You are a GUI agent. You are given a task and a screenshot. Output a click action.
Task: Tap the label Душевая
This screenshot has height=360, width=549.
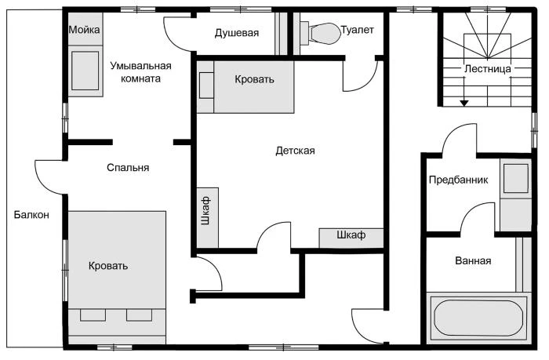(237, 33)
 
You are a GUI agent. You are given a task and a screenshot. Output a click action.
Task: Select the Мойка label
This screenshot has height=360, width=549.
(84, 30)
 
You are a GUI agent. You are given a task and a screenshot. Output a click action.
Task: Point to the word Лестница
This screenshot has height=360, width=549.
(487, 69)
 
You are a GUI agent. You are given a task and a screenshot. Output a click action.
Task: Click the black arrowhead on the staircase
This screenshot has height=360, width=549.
(464, 104)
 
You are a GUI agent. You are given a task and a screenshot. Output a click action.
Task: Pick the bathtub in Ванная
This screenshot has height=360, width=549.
(478, 318)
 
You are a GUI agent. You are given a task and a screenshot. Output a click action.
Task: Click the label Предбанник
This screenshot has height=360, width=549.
(458, 180)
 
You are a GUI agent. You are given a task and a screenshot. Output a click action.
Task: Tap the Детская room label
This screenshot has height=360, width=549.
(295, 151)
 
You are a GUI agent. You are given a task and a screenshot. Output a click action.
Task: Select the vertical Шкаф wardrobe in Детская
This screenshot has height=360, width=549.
(208, 217)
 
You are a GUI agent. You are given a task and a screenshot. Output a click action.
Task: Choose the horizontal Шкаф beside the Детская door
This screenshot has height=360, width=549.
(351, 238)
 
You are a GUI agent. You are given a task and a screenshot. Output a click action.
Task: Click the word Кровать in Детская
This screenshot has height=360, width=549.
(254, 79)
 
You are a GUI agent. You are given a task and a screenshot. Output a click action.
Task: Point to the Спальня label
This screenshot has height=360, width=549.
(128, 168)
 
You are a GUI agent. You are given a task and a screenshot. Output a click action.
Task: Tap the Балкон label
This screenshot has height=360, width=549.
(31, 215)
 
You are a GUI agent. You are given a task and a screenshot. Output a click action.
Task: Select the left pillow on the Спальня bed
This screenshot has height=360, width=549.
(93, 315)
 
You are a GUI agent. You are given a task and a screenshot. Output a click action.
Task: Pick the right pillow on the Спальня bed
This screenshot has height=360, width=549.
(139, 315)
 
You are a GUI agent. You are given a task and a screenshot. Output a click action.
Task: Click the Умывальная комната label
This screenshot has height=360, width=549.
(140, 72)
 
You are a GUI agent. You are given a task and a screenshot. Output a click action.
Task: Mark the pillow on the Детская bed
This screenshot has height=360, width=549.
(206, 85)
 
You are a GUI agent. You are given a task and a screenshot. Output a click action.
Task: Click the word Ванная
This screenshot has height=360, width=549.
(473, 261)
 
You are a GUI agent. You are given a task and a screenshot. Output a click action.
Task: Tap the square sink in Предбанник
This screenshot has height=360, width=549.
(516, 179)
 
